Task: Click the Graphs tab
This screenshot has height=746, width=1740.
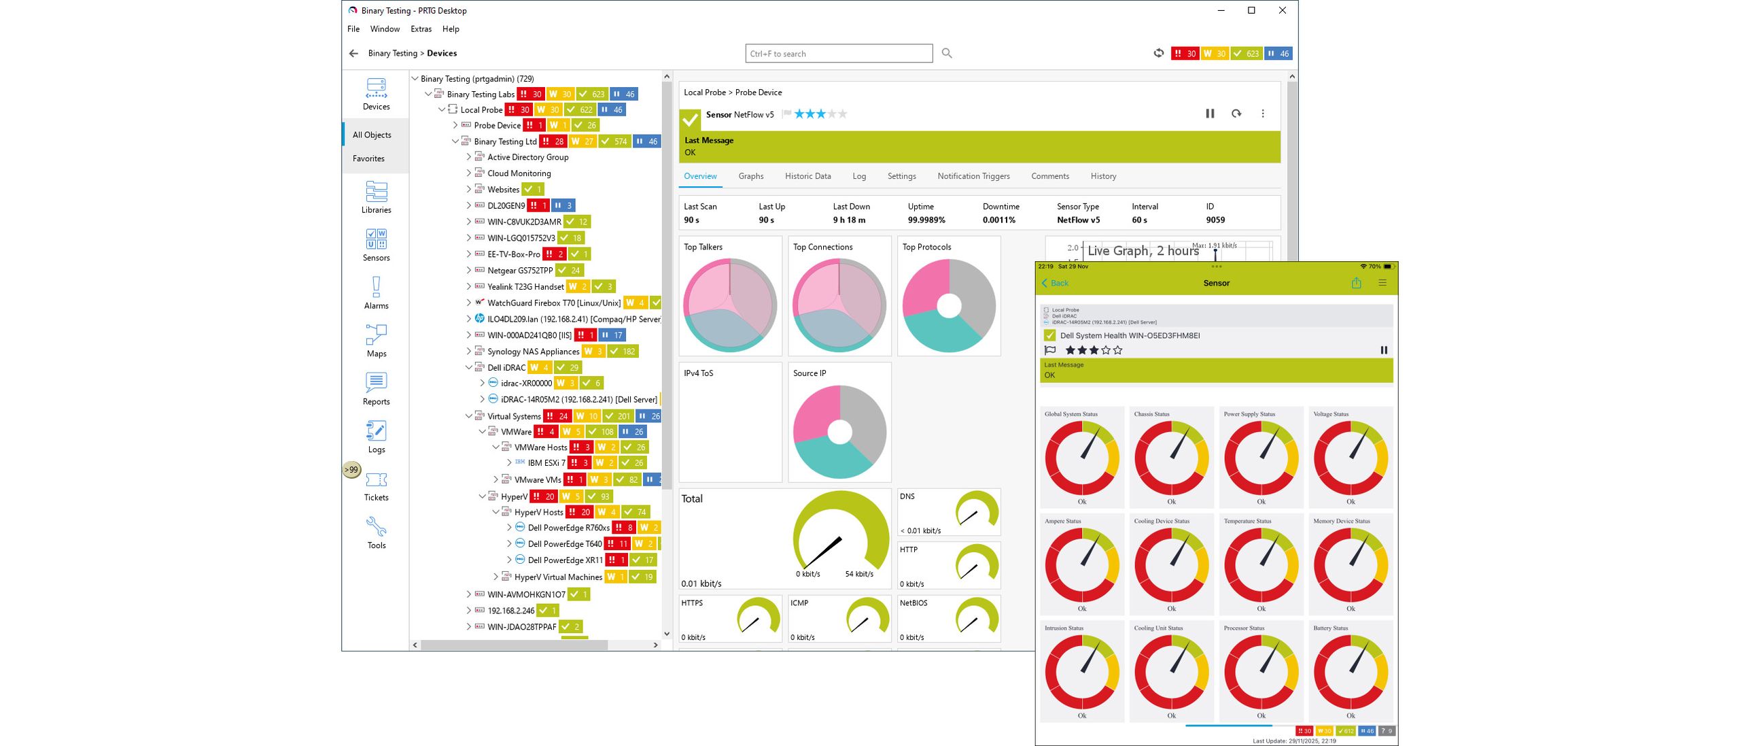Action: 750,176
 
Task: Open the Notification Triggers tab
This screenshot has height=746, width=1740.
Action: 973,176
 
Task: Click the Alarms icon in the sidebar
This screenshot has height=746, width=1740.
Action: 376,292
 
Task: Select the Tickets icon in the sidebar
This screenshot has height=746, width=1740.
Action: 376,486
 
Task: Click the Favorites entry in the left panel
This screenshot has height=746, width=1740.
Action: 368,158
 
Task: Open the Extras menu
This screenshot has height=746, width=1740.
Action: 421,29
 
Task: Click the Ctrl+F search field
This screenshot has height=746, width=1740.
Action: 838,54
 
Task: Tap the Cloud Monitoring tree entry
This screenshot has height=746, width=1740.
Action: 519,173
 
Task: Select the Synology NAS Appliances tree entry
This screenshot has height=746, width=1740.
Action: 533,352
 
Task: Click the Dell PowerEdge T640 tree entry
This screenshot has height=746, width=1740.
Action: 564,544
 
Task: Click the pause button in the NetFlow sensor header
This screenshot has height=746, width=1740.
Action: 1210,114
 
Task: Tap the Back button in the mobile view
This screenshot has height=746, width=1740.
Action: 1055,283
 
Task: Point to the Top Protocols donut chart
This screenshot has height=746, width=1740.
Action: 949,305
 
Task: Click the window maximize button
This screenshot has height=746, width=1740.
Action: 1251,10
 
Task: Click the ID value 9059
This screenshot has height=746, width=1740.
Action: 1215,220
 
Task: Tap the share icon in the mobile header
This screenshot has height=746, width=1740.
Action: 1356,283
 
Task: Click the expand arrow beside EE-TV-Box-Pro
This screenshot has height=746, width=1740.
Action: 468,254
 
